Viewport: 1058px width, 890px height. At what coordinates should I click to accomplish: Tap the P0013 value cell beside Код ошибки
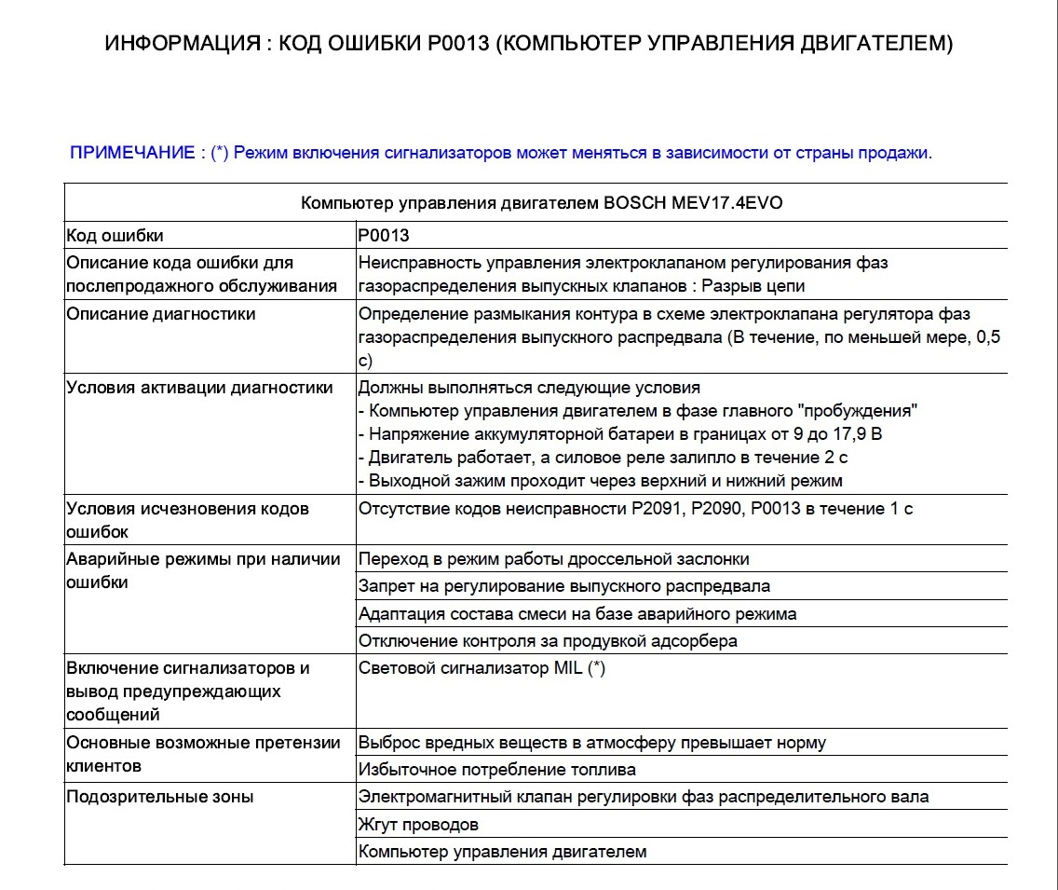click(384, 236)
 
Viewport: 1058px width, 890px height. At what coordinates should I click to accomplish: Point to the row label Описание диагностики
click(160, 314)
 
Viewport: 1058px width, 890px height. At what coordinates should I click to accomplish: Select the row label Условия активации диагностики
click(199, 388)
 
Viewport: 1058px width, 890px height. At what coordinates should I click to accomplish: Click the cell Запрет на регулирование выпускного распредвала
click(564, 586)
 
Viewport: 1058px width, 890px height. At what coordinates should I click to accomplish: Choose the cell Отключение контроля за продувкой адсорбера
click(548, 640)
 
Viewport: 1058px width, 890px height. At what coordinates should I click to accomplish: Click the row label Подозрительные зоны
click(159, 797)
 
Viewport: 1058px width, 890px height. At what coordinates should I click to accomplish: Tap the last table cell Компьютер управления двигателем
click(502, 852)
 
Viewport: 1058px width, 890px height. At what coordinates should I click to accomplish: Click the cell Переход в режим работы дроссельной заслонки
click(554, 559)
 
